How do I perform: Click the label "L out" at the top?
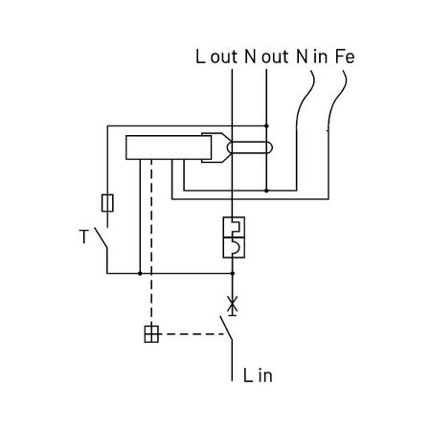216,57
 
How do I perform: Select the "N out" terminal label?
266,57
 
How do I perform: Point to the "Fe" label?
345,57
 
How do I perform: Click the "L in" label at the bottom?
258,375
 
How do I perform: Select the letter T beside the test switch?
83,237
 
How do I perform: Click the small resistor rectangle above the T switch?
107,203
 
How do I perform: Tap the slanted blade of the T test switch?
101,238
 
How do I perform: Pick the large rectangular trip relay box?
169,147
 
